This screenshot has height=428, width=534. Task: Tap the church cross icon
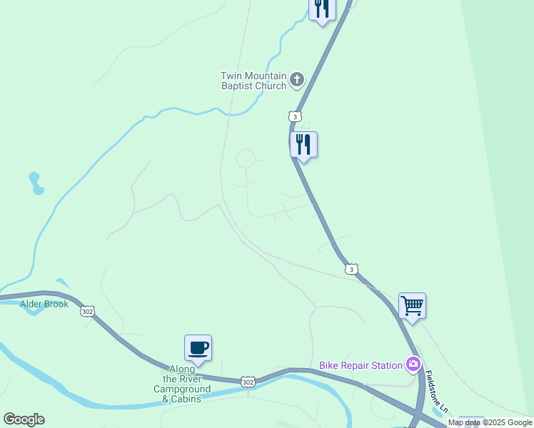point(297,80)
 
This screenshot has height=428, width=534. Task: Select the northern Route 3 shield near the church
point(295,116)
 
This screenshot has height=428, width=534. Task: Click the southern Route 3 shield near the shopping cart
point(351,268)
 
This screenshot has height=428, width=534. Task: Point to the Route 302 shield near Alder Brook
point(87,311)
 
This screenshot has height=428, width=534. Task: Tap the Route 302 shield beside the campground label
point(248,382)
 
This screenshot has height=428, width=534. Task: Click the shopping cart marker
point(412,306)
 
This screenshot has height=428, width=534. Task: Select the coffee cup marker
point(198,348)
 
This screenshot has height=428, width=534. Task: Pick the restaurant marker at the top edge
point(322,9)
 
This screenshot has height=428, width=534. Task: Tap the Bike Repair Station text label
point(361,365)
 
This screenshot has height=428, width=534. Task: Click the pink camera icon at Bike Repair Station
point(413,365)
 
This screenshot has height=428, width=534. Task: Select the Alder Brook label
point(44,304)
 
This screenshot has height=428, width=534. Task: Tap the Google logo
point(24,419)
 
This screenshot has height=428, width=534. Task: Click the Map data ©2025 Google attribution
point(490,423)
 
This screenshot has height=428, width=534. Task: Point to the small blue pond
point(35,183)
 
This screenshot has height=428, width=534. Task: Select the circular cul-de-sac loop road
point(246,158)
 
